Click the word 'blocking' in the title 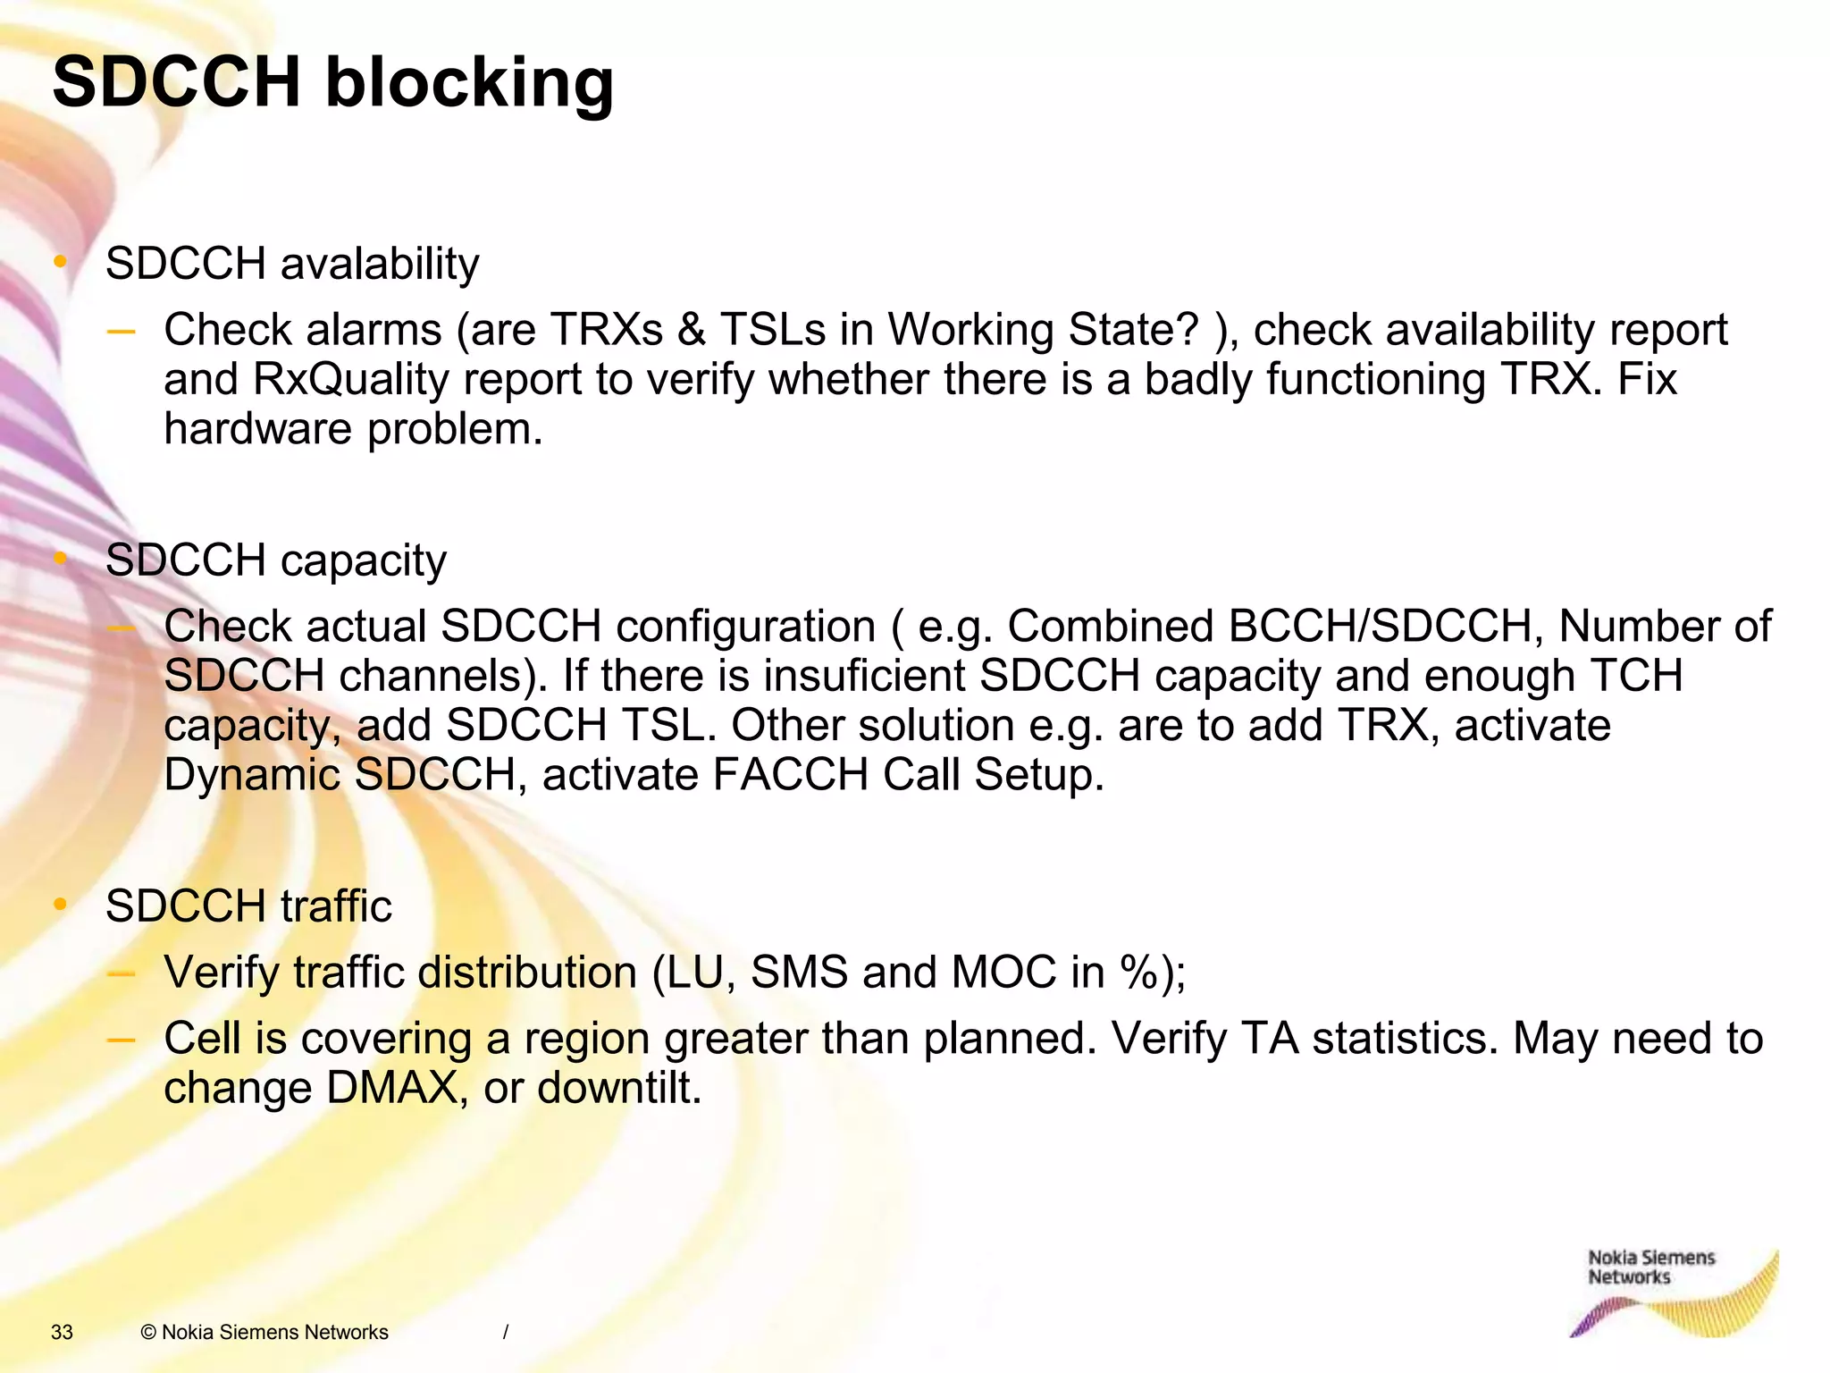click(469, 82)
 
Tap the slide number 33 click(62, 1332)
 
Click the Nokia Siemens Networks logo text click(1650, 1268)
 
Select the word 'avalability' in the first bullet click(380, 264)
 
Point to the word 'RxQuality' click(351, 379)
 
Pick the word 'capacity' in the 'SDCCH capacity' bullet click(363, 560)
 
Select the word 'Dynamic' click(252, 774)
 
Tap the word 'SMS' click(799, 973)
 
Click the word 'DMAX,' click(397, 1088)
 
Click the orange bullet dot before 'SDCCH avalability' click(61, 262)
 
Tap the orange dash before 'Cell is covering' click(121, 1040)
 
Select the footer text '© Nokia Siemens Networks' click(264, 1332)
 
